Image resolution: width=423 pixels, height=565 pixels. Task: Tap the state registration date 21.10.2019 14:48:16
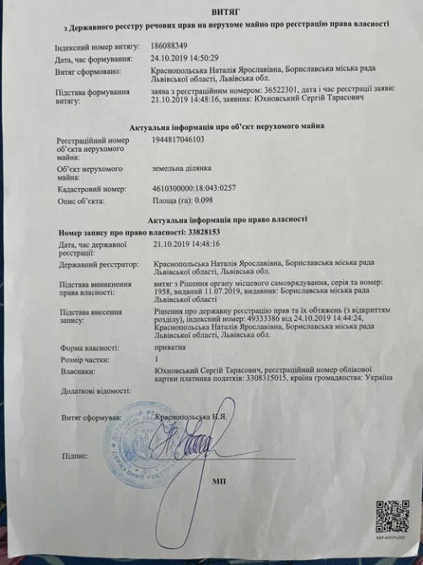click(186, 244)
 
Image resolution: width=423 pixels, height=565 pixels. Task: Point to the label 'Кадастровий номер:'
click(91, 190)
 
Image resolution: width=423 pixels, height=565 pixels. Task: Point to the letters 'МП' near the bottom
click(219, 486)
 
